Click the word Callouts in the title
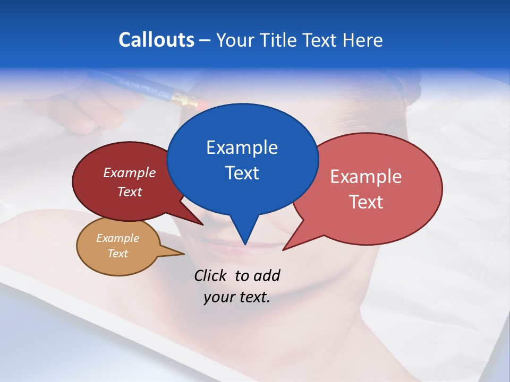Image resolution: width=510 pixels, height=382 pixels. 157,40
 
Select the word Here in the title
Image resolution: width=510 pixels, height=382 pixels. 362,40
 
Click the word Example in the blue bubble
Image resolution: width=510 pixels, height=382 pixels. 242,147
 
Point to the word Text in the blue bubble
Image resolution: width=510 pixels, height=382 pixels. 242,173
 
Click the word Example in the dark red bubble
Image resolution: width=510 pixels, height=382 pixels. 130,172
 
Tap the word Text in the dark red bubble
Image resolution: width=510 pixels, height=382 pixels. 130,192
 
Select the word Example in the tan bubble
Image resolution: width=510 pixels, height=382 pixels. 118,238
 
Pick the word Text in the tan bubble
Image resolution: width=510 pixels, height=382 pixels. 118,254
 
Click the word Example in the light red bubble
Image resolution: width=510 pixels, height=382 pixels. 366,177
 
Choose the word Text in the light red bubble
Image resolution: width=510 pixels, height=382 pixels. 366,202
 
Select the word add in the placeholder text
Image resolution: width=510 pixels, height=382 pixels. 267,275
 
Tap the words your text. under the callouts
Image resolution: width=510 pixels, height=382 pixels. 237,297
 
